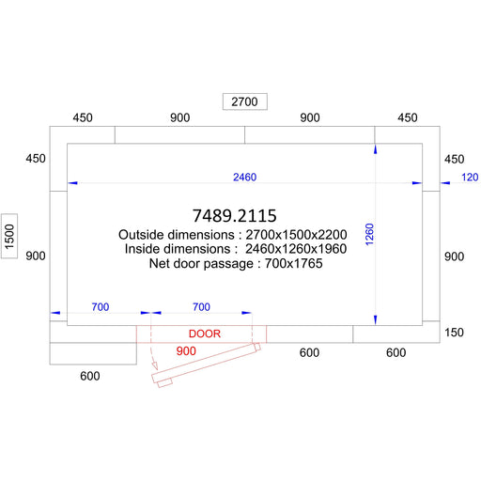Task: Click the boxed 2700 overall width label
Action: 244,101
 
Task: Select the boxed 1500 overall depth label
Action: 9,237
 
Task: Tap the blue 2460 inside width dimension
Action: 244,178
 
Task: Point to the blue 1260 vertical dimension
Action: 369,234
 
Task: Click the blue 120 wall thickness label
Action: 470,178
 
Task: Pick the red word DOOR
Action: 205,334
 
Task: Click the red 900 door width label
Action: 186,351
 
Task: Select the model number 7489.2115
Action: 235,216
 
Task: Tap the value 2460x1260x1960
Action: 296,249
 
